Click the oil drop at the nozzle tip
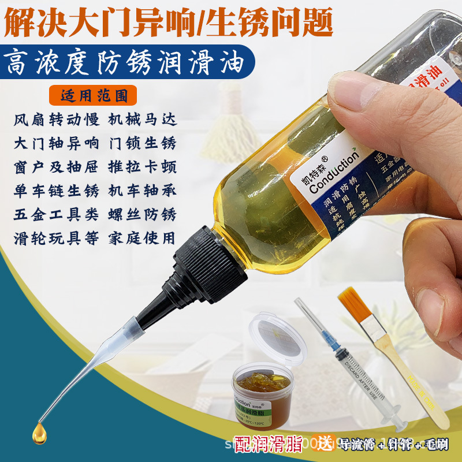point(39,430)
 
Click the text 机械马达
point(142,121)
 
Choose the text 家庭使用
point(142,237)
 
